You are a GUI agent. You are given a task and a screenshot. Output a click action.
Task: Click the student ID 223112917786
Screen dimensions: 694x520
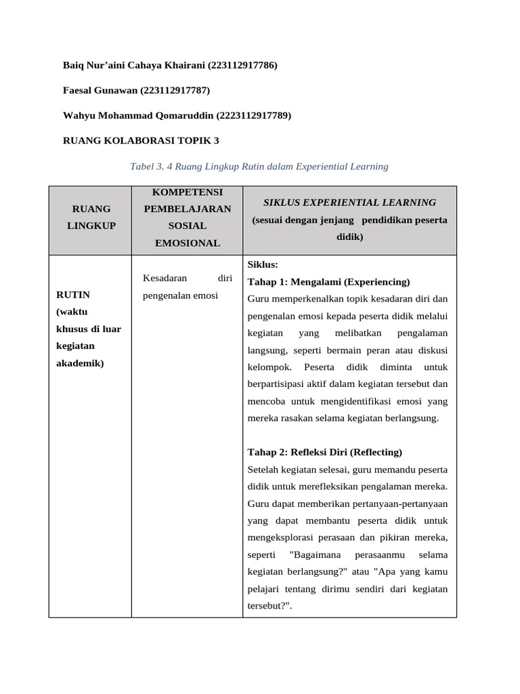(243, 65)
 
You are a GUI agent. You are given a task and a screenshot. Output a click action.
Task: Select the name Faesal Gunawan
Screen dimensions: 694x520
(100, 90)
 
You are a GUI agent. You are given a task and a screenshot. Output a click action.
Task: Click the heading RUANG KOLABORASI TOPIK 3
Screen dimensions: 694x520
(141, 140)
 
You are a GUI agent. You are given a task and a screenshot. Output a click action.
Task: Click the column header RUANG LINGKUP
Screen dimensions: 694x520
(90, 217)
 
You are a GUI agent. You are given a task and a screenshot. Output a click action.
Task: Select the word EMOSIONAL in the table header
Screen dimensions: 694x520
(188, 243)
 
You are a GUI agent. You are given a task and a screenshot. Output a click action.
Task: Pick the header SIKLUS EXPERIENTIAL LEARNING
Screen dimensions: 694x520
(349, 202)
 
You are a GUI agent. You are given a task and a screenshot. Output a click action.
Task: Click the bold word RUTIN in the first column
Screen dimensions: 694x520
(73, 295)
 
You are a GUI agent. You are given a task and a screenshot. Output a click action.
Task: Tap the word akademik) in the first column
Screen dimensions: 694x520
(80, 363)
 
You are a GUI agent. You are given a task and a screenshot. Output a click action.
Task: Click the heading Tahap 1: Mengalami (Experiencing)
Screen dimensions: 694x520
(329, 281)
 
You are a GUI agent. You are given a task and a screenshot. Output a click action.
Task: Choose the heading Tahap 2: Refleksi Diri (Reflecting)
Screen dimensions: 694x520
(325, 452)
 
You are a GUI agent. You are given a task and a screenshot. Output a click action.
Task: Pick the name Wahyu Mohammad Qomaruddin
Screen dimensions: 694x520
(138, 115)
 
